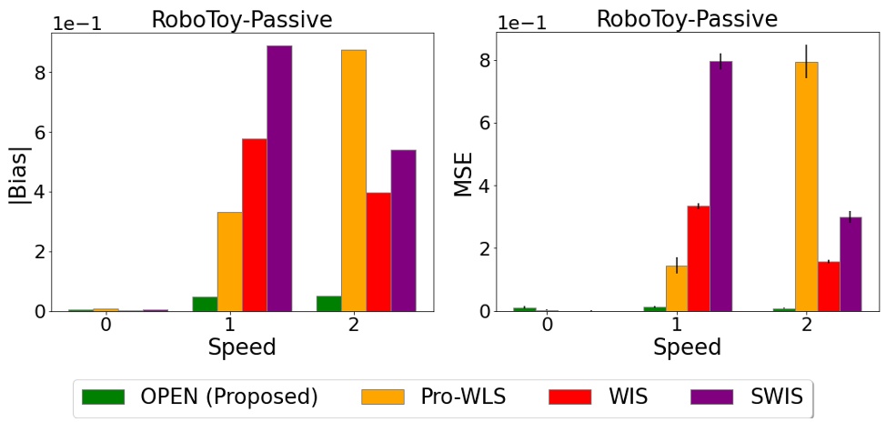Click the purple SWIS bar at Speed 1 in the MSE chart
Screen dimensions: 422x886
(720, 186)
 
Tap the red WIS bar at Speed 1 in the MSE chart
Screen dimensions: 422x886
(699, 258)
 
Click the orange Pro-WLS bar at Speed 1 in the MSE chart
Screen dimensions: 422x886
(677, 288)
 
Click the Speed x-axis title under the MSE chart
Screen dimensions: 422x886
(687, 347)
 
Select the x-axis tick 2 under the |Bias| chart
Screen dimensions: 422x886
(353, 325)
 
